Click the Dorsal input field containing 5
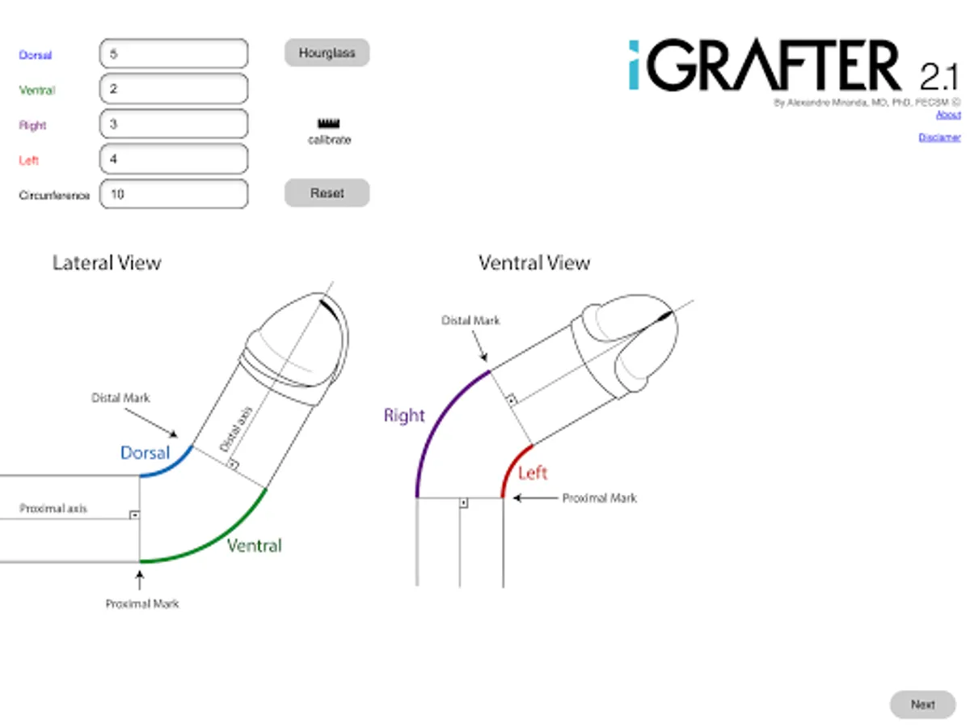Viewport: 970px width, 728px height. (x=174, y=54)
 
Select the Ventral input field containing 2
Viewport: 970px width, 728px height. (x=174, y=89)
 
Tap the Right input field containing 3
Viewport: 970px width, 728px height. (x=174, y=124)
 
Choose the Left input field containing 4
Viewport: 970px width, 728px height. (x=174, y=159)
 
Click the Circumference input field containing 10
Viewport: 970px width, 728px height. (x=174, y=194)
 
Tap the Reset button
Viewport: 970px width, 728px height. (x=327, y=193)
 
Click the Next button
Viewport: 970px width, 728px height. (x=922, y=705)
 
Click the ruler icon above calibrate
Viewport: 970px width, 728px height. (x=329, y=124)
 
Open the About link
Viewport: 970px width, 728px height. (x=948, y=115)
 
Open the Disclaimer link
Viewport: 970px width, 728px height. (x=939, y=138)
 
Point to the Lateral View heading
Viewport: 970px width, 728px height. (x=107, y=263)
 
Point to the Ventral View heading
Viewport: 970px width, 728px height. (x=534, y=263)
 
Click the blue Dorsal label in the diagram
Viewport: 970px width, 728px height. (x=145, y=453)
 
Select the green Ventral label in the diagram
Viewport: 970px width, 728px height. (x=255, y=546)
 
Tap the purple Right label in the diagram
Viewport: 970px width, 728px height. (x=404, y=416)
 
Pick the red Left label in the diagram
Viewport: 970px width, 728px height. (x=533, y=473)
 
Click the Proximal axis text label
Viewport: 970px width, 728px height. (x=53, y=509)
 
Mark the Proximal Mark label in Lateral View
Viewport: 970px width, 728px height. (x=142, y=603)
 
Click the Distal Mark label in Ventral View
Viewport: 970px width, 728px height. (x=470, y=320)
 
